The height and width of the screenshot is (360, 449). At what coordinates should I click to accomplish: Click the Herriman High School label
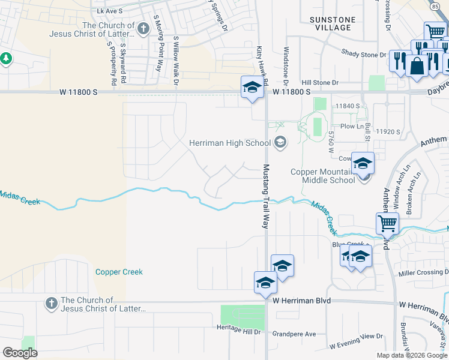point(230,143)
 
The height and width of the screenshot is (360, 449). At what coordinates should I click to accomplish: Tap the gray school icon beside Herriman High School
point(280,143)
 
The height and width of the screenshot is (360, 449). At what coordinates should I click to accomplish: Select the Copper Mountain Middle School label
point(323,176)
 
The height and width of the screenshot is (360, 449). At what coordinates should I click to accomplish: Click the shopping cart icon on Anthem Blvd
point(388,224)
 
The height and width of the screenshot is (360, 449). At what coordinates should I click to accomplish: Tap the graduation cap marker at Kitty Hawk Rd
point(253,88)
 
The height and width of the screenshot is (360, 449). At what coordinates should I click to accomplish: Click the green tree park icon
point(5,59)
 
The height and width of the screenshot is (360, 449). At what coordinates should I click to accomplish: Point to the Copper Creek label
point(119,272)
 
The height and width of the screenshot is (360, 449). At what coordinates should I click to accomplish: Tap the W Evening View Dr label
point(356,346)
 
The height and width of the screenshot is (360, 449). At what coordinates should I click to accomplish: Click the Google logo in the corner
point(20,353)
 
